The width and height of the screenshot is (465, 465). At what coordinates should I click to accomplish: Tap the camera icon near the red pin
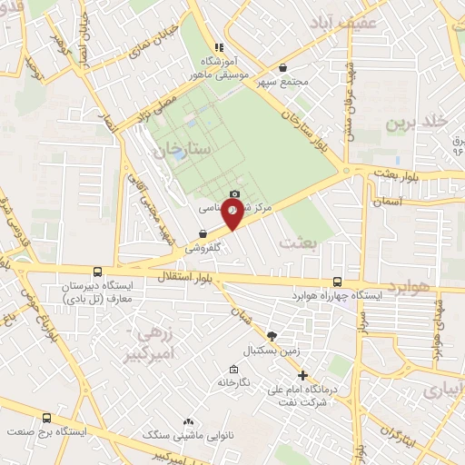235,193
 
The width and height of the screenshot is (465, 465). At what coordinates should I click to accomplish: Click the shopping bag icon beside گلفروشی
203,233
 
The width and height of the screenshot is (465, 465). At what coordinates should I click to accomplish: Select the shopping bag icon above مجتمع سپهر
283,67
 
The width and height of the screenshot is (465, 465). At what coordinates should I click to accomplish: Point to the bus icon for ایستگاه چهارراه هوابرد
337,282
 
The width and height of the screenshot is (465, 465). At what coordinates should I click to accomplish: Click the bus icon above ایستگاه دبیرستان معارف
97,271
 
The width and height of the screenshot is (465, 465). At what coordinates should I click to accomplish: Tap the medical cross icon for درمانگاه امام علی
303,375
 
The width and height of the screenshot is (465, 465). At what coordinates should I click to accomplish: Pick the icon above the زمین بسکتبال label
272,336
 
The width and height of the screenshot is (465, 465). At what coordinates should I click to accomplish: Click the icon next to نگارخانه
234,369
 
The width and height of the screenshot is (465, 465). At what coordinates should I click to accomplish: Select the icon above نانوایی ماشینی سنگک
188,421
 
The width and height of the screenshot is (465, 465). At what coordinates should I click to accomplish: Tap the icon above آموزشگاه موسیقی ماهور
218,46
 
